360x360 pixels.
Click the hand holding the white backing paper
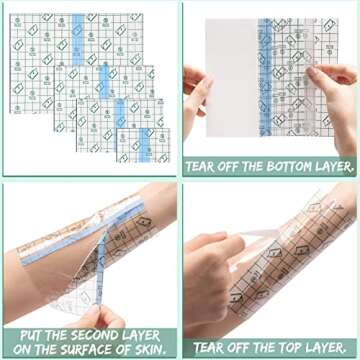point(197,95)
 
